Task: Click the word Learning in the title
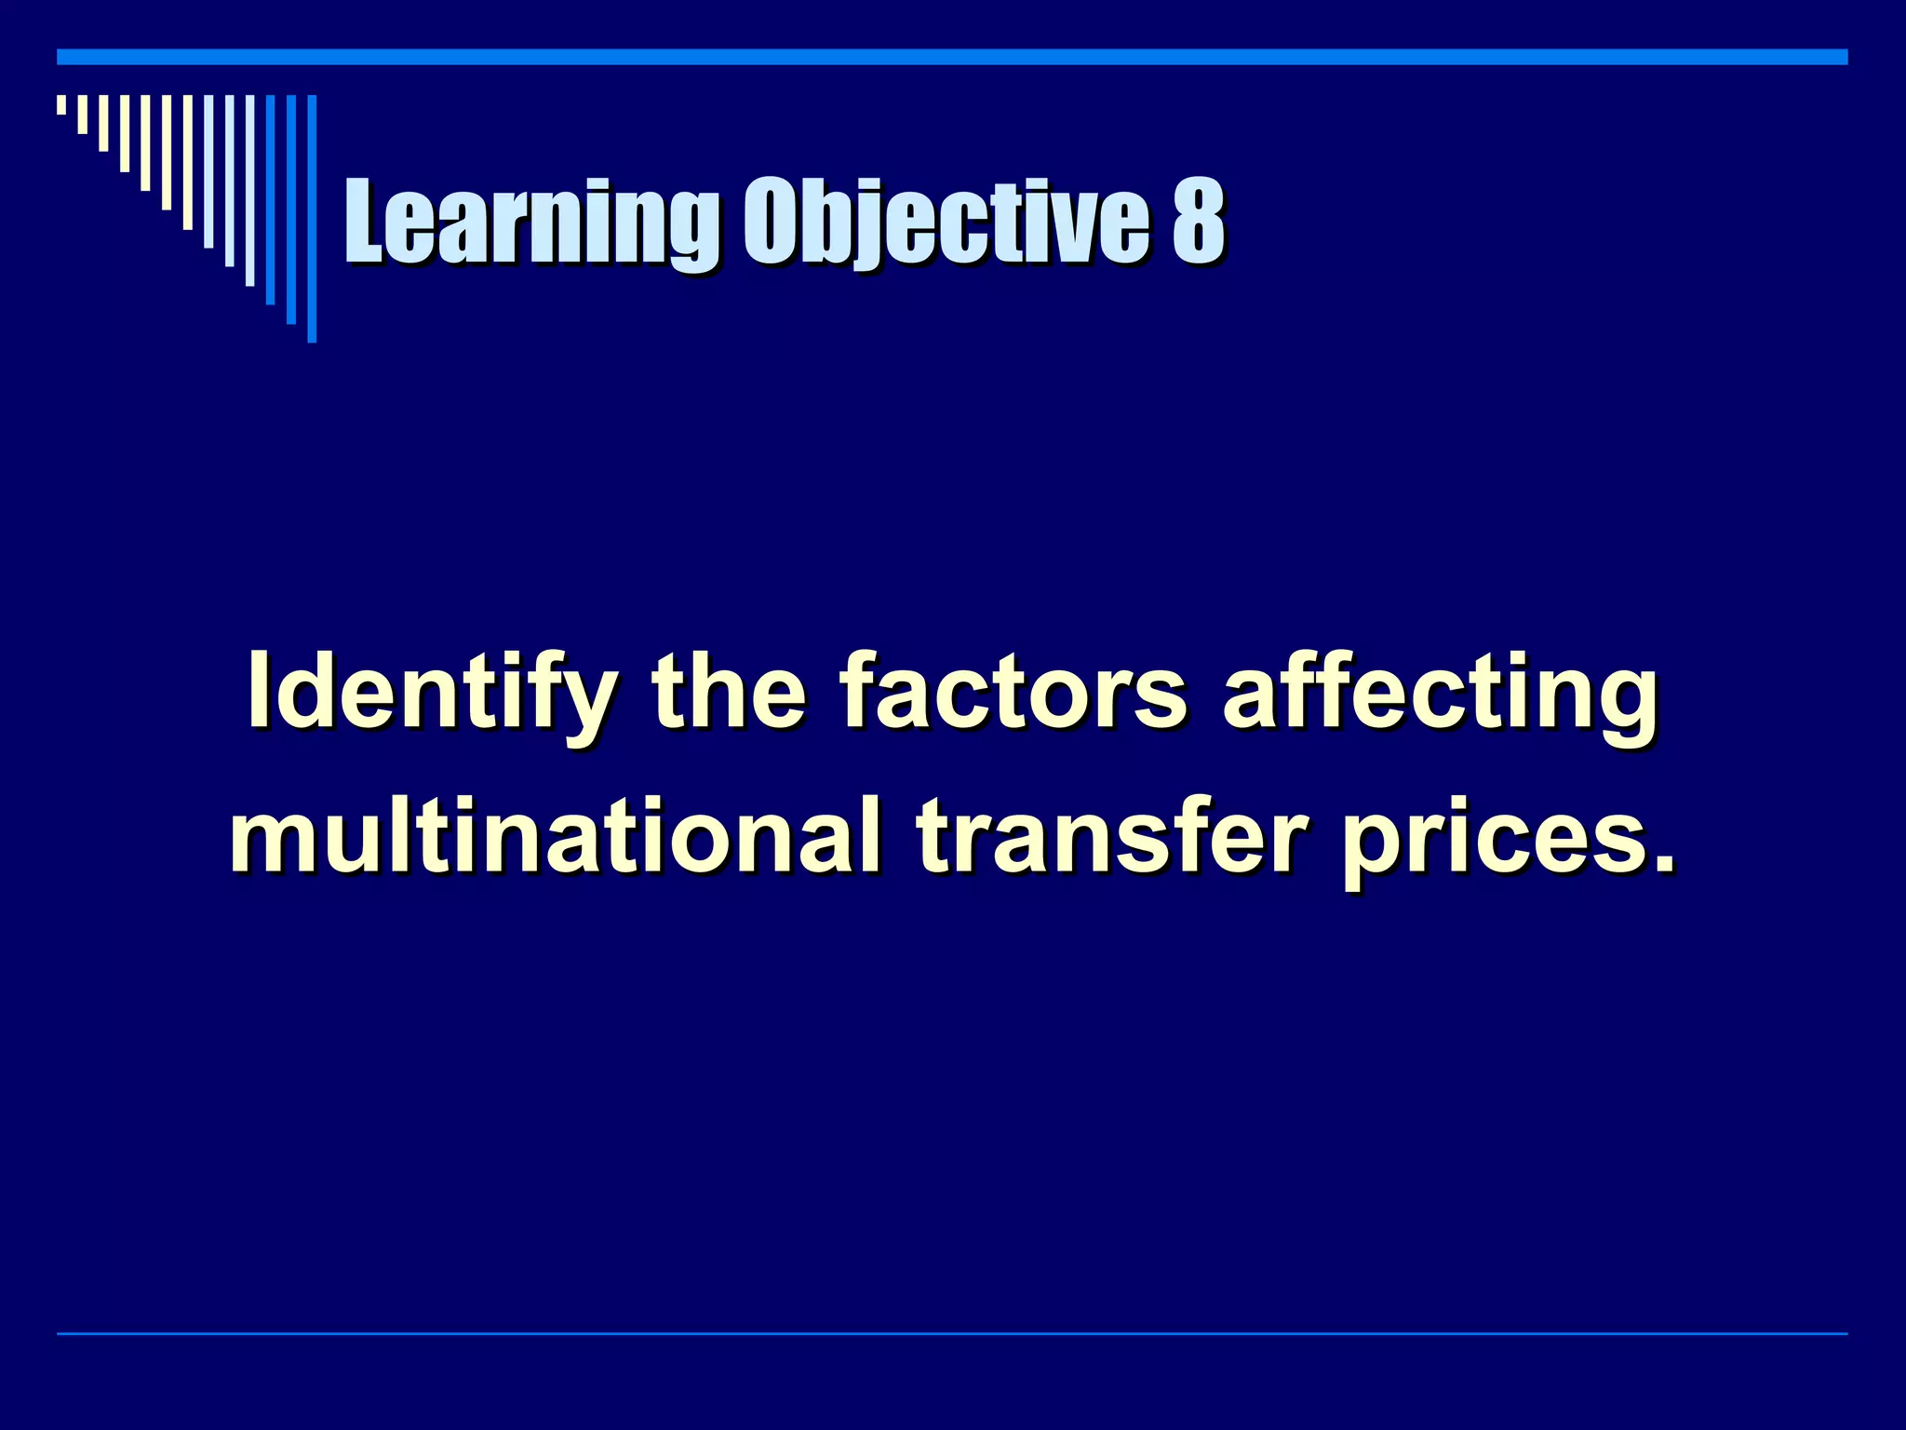pos(531,223)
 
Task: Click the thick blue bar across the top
pos(952,57)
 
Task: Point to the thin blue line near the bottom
pos(952,1334)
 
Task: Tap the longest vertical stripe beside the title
pos(312,219)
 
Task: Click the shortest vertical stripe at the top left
pos(61,104)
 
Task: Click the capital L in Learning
pos(365,223)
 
